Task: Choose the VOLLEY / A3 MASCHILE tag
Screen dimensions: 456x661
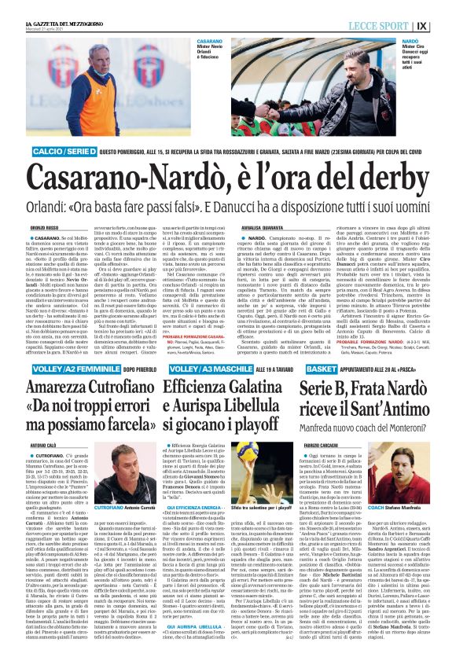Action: (x=204, y=369)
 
